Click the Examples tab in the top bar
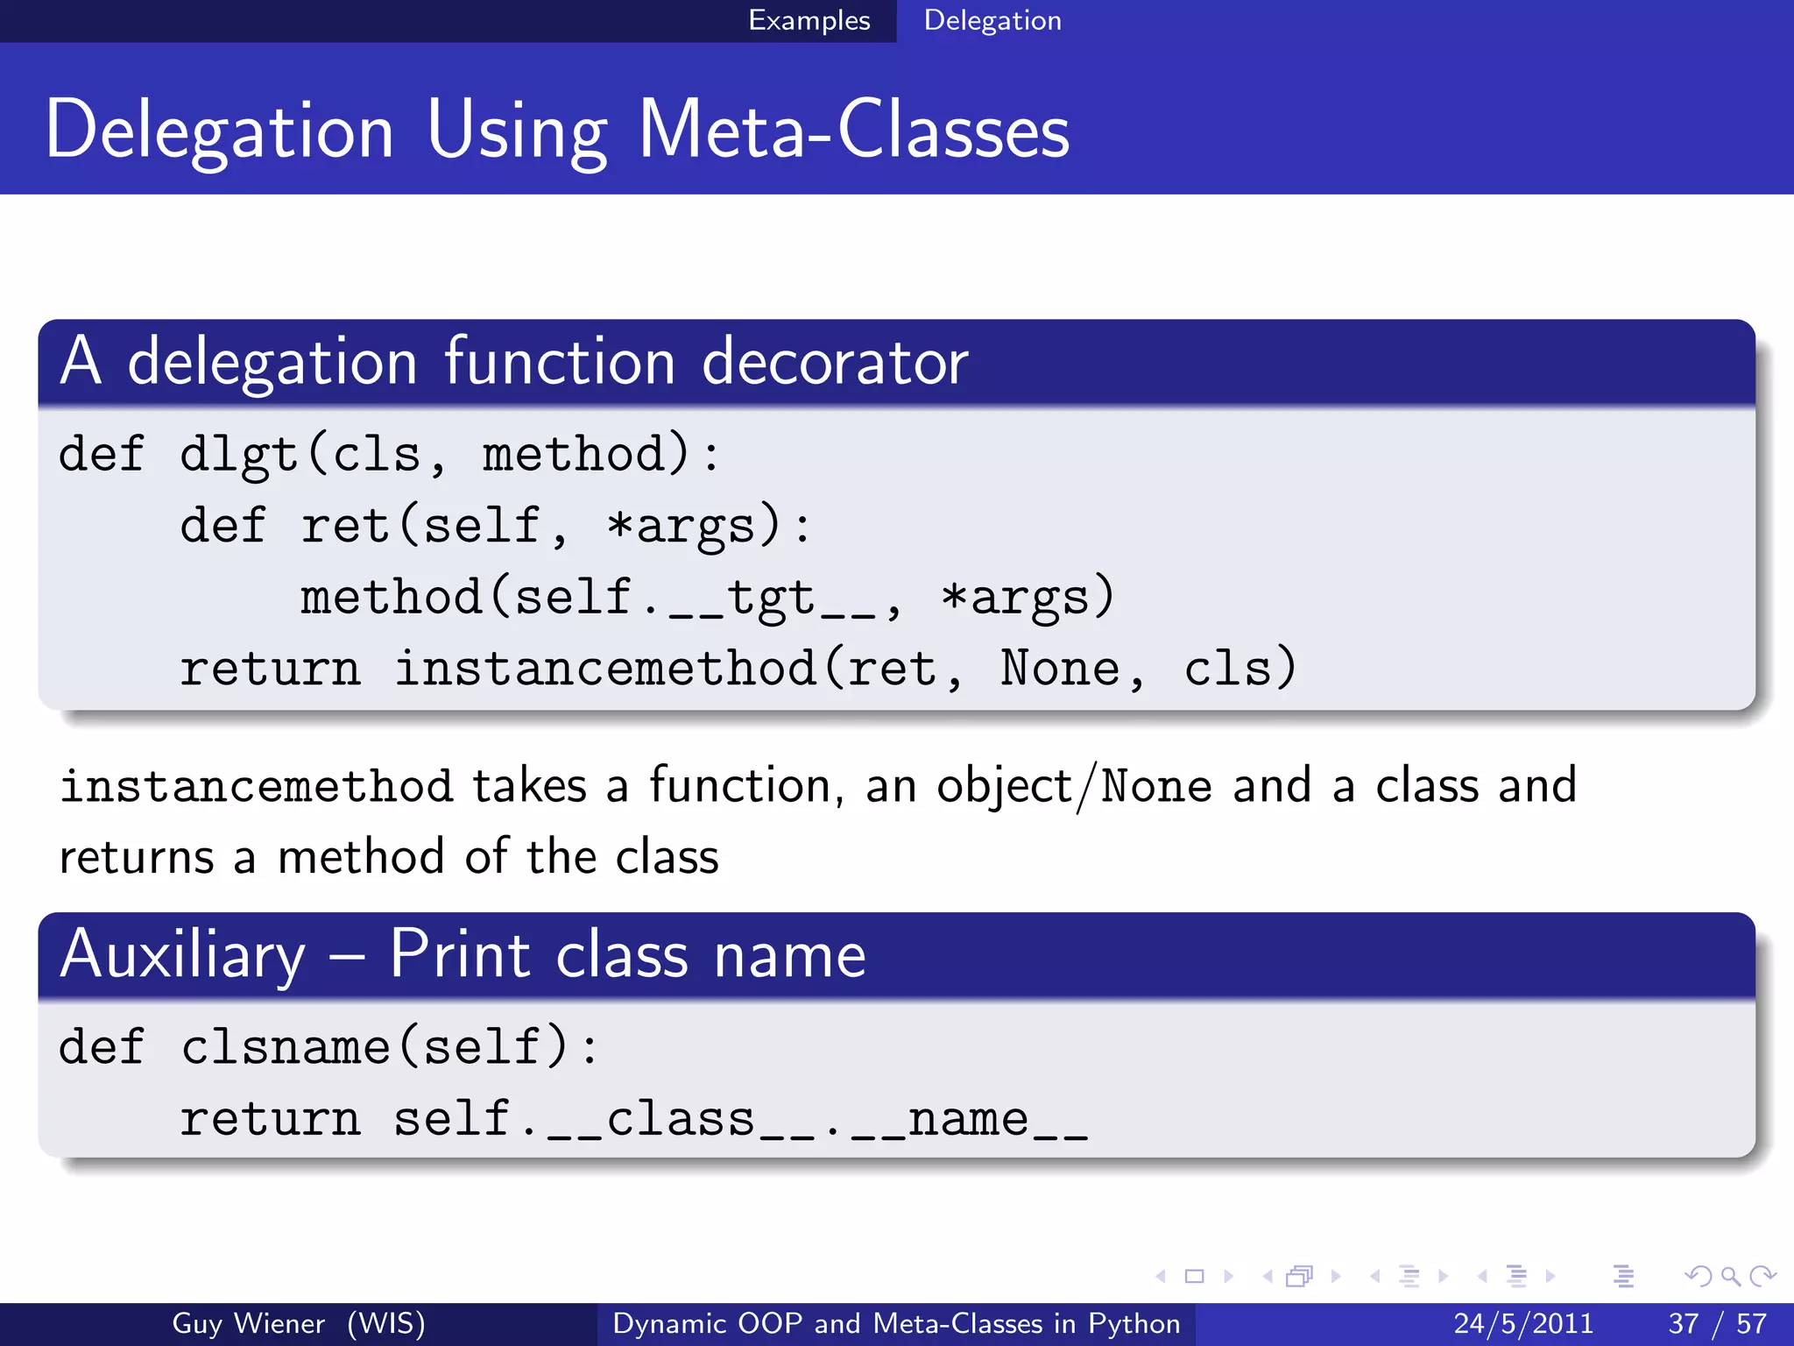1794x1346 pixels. point(809,20)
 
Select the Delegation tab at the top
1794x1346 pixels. point(992,20)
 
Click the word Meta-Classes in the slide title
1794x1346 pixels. point(854,130)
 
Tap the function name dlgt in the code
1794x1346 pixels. point(238,455)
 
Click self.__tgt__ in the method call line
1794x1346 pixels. point(696,597)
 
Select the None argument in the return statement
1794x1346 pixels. point(1060,669)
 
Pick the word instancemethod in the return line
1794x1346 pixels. point(605,669)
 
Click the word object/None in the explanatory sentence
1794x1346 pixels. point(1074,786)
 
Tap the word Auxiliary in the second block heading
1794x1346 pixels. point(183,954)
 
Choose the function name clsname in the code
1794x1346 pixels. point(286,1047)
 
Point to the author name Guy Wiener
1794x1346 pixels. point(248,1323)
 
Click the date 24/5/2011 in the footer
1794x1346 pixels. point(1523,1323)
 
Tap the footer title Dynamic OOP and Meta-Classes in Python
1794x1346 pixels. point(896,1323)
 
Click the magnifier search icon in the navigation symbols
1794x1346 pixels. point(1730,1276)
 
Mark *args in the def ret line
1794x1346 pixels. point(681,526)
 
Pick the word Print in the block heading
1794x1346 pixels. point(460,954)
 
